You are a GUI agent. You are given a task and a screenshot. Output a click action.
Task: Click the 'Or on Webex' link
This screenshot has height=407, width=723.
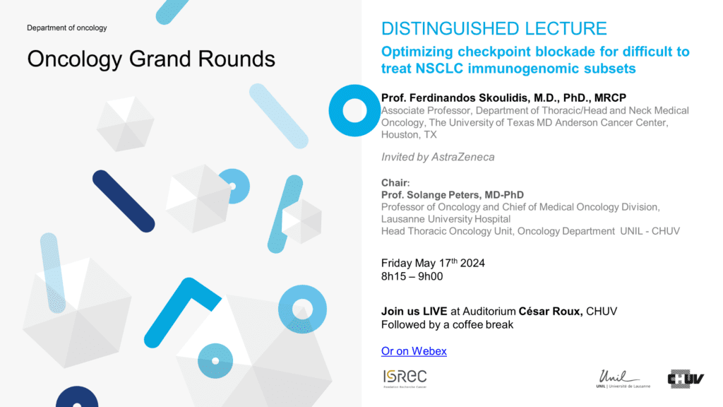tap(414, 351)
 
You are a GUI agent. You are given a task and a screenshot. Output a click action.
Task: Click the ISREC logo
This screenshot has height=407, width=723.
tap(405, 379)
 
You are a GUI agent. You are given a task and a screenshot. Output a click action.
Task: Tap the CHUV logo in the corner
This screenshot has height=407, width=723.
tap(686, 379)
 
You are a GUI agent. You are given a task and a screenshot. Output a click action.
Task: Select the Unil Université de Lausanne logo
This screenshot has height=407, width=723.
tap(623, 379)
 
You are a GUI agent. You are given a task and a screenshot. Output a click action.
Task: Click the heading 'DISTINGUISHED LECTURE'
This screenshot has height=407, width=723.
tap(494, 28)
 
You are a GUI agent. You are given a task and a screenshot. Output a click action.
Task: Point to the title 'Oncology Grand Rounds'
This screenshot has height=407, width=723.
tap(151, 59)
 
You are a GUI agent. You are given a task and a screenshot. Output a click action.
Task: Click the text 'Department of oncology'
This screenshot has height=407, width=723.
tap(67, 28)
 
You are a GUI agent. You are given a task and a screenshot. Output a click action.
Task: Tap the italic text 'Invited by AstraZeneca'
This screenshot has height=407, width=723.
tap(438, 158)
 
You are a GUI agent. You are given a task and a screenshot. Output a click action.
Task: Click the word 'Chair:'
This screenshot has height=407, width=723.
tap(395, 183)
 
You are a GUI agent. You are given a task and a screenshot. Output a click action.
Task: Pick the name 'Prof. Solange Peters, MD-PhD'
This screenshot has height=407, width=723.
tap(453, 195)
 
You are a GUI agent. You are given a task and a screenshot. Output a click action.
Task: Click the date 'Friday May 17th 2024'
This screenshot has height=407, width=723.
tap(433, 263)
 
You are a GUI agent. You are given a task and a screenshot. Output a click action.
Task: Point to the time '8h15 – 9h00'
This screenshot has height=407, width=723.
tap(412, 276)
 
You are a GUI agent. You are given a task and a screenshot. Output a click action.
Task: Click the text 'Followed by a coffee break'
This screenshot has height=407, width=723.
tap(447, 325)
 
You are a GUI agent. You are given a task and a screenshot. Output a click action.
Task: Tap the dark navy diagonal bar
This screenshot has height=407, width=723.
tap(124, 201)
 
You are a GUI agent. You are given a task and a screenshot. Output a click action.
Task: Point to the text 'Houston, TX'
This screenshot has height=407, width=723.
tap(409, 135)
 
